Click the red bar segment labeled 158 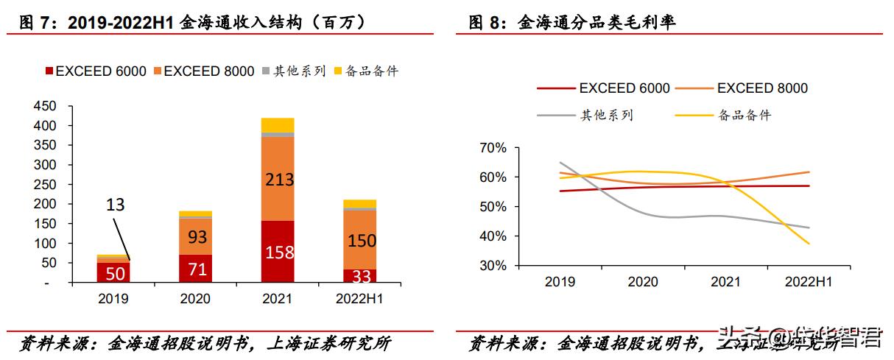point(277,252)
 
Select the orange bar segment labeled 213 point(277,179)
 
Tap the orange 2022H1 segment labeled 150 point(359,240)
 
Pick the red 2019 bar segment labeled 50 point(113,272)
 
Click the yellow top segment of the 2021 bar point(277,124)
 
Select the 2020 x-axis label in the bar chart point(194,299)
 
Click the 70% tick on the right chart point(492,148)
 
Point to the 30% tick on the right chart point(492,266)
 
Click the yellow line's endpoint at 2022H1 point(809,244)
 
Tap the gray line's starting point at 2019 point(560,163)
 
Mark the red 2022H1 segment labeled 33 point(359,276)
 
